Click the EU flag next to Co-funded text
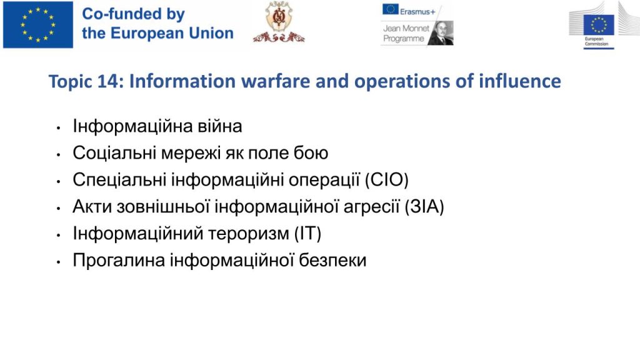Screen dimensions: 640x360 point(38,25)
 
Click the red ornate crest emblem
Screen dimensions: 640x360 point(279,22)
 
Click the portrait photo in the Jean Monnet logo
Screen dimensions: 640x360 point(441,32)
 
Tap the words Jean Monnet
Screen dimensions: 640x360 point(406,28)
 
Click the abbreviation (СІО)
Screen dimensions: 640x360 point(386,179)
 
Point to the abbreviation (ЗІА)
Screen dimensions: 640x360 point(424,206)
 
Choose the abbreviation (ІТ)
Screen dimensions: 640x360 point(307,234)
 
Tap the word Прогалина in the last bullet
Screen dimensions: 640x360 point(119,261)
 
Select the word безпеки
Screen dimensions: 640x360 point(332,261)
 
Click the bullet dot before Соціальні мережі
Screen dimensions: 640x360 point(59,155)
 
